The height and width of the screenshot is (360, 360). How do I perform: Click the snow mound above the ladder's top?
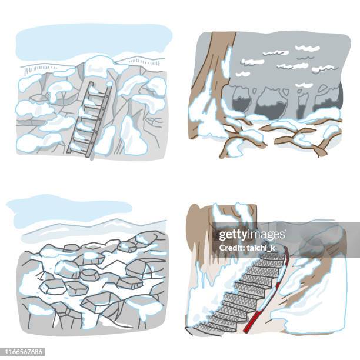pyautogui.click(x=98, y=65)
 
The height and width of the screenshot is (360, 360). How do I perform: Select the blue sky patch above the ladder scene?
pyautogui.click(x=88, y=41)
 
